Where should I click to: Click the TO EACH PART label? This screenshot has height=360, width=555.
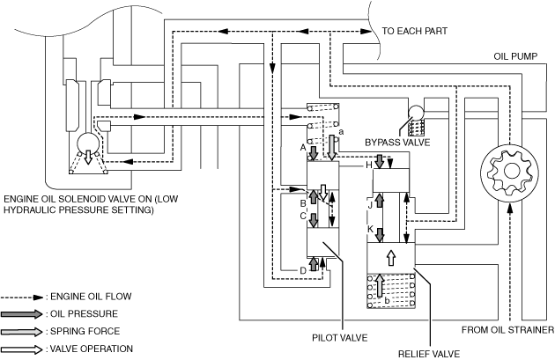pos(414,31)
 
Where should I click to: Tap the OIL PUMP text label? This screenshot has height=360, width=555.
pos(515,56)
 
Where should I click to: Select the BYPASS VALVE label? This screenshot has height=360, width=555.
pos(397,143)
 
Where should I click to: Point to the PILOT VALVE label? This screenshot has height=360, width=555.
pos(340,338)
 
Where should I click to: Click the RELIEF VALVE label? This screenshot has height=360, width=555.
pos(429,354)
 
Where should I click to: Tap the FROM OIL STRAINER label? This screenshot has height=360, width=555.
pos(507,330)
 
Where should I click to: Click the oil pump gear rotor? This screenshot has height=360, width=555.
pos(510,172)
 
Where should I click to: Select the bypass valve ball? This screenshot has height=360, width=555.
pos(416,114)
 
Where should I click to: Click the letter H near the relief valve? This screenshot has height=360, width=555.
pos(369,165)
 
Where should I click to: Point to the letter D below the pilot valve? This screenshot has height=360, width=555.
pos(303,271)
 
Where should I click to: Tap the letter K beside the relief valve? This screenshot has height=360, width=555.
pos(370,229)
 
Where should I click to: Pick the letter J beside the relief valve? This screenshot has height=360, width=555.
pos(370,205)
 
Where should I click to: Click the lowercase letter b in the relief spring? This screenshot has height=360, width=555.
pos(388,301)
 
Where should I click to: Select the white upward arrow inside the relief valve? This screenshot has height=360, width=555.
pos(391,258)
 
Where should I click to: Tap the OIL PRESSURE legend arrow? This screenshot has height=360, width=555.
pos(22,314)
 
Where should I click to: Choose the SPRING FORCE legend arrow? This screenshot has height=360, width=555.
pos(22,332)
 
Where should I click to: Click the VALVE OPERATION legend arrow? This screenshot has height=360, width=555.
pos(22,349)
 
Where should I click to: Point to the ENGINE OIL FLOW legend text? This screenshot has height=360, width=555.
pos(91,297)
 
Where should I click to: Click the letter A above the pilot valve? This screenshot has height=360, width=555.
pos(303,148)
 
